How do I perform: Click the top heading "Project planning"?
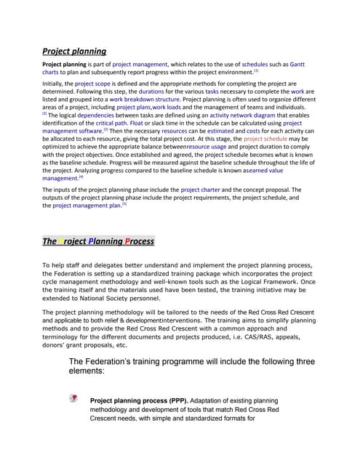74,51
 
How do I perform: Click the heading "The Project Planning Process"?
97,241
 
